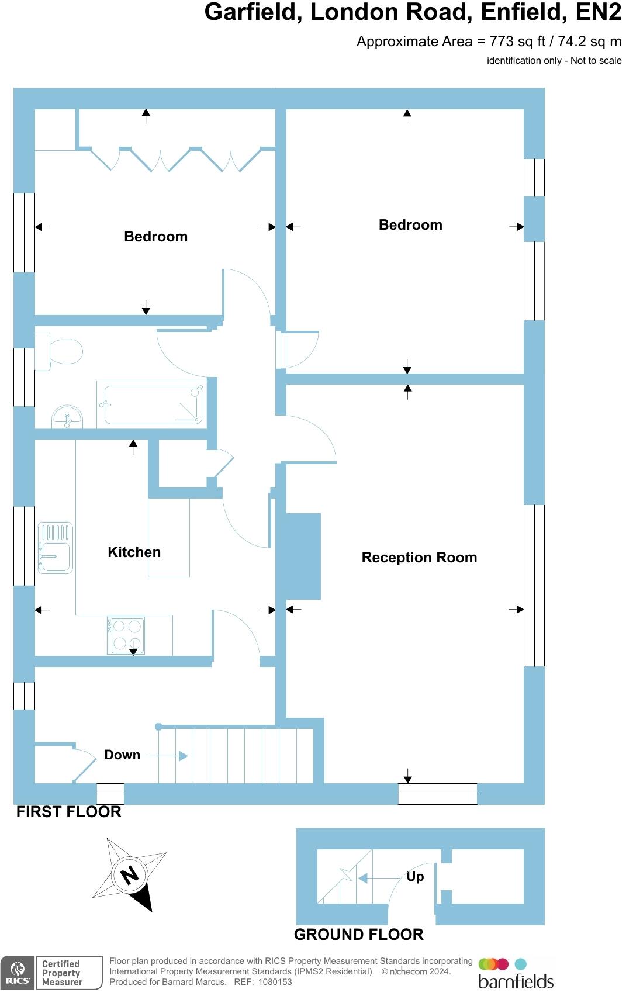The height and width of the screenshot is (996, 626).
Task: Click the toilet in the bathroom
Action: coord(61,352)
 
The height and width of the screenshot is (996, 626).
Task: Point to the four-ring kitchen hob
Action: coord(126,635)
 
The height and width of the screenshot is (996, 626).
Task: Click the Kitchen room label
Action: coord(134,552)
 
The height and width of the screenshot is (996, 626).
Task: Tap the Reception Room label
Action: coord(419,558)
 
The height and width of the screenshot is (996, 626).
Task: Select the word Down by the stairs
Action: coord(122,755)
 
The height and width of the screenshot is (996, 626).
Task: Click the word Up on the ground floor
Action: coord(415,877)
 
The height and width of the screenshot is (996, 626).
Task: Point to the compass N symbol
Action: coord(130,875)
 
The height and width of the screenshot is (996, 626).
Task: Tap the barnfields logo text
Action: coord(516,981)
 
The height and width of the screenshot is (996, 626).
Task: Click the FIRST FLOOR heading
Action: coord(69,812)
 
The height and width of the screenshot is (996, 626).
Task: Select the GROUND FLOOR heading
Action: coord(358,935)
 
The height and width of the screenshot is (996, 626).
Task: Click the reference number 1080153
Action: coord(275,983)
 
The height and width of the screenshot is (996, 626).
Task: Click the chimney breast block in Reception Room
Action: coord(303,556)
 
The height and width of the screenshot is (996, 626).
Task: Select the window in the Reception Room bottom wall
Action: coord(437,794)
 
